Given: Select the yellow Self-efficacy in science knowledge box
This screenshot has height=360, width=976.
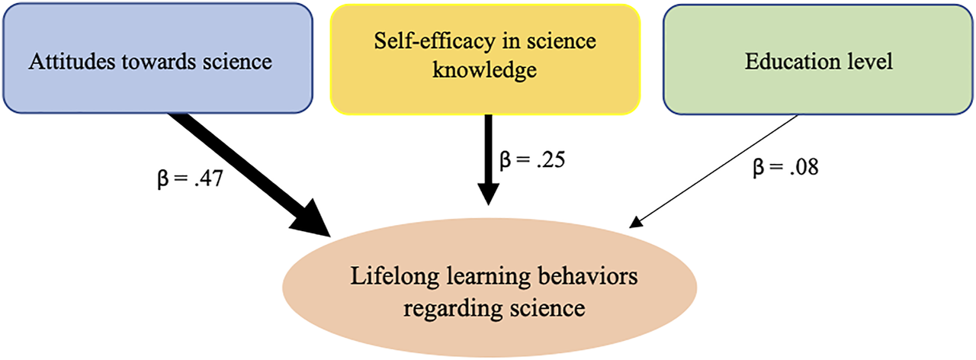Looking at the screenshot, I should click(x=486, y=59).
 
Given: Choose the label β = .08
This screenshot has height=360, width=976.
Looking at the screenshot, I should click(x=785, y=168).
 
